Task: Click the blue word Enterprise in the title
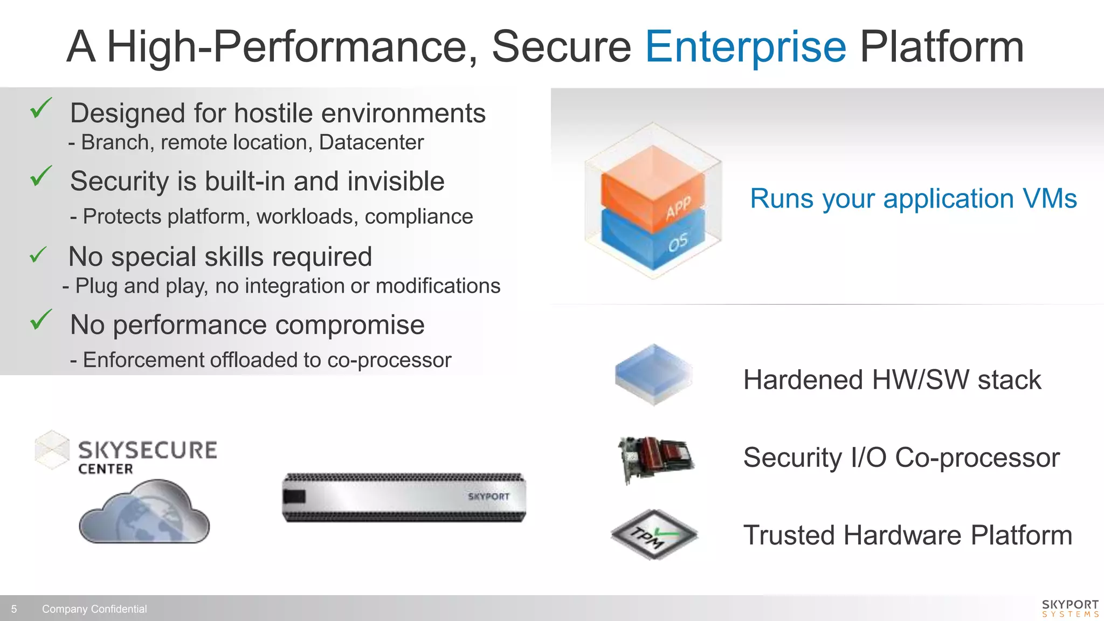coord(746,47)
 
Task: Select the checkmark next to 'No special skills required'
coord(38,255)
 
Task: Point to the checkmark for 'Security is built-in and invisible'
coord(41,176)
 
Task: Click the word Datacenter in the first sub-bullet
coord(371,142)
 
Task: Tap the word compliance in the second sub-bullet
coord(418,217)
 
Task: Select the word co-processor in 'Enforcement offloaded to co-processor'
coord(389,360)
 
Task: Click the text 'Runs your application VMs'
coord(913,198)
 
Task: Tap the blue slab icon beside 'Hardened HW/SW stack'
coord(653,374)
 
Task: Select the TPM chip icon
coord(654,535)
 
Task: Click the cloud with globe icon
coord(144,512)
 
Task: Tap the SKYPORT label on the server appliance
coord(488,496)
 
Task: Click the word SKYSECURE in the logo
coord(147,450)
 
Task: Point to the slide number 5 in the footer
coord(14,609)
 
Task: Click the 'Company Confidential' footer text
coord(94,609)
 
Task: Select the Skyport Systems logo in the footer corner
coord(1069,608)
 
